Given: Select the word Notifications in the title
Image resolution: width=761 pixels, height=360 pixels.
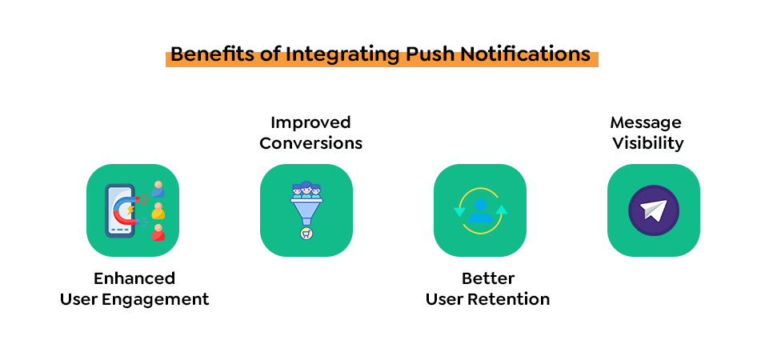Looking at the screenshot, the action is [525, 54].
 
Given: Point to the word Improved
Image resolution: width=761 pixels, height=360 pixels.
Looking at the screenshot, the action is [310, 122].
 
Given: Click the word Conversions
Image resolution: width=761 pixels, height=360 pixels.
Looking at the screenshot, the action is [310, 143].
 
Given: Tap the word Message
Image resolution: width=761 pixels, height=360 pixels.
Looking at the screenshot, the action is [646, 122].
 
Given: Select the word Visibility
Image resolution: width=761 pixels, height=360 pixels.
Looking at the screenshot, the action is [648, 144].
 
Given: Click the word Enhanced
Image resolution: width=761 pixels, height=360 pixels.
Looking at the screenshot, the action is [134, 278].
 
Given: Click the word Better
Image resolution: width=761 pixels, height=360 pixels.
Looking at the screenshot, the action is [488, 278].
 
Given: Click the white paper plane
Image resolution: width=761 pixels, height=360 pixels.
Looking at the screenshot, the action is [653, 210].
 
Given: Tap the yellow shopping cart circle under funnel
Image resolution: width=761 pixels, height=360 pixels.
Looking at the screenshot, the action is [306, 234].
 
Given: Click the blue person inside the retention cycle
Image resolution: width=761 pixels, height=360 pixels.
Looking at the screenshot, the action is [480, 210].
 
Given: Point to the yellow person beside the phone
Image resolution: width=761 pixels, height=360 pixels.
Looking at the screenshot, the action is [158, 211].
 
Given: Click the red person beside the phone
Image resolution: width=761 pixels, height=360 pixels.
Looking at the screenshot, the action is [158, 232].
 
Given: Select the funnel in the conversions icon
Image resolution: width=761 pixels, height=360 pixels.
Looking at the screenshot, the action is [306, 211].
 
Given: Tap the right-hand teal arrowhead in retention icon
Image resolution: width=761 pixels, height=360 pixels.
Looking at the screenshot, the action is [502, 210].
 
